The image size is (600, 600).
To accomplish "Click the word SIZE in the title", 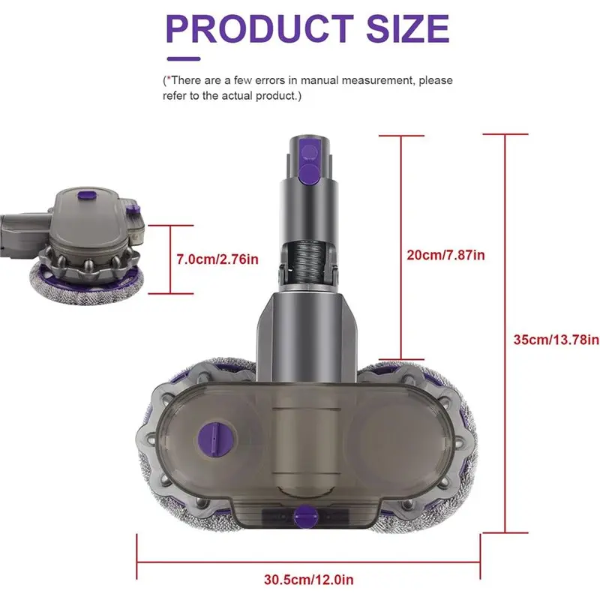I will pyautogui.click(x=405, y=28).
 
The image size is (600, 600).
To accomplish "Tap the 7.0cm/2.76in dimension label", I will pyautogui.click(x=217, y=259).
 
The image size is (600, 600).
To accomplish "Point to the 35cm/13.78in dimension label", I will pyautogui.click(x=556, y=339).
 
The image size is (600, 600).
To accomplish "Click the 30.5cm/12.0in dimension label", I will pyautogui.click(x=308, y=579).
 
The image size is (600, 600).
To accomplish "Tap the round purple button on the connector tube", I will pyautogui.click(x=308, y=174).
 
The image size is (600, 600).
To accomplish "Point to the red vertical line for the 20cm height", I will pyautogui.click(x=403, y=247).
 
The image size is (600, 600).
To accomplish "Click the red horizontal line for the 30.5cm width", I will pyautogui.click(x=308, y=559).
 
